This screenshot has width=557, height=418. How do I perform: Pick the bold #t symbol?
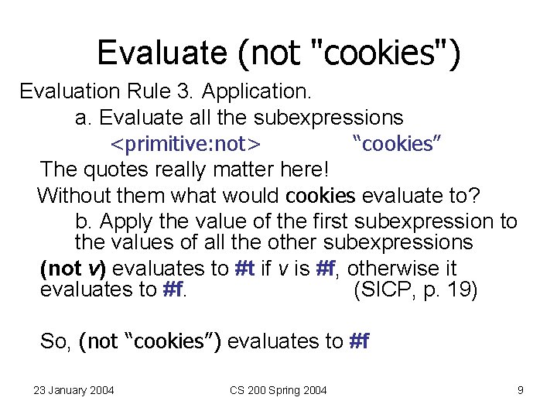click(247, 269)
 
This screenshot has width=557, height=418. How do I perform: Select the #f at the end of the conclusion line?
click(360, 341)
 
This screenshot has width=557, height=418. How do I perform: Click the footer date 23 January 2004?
click(73, 390)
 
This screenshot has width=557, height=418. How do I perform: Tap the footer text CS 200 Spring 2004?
click(278, 390)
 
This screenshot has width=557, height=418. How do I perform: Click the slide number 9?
click(521, 390)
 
